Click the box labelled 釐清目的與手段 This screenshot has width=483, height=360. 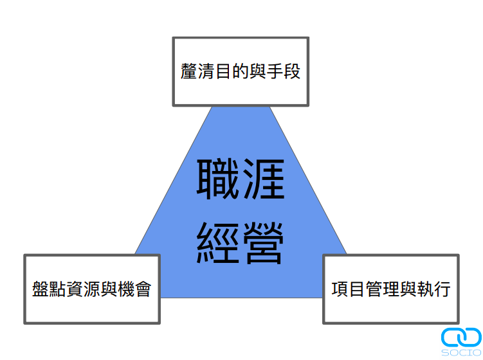(x=241, y=72)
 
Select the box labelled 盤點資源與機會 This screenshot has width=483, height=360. (x=92, y=289)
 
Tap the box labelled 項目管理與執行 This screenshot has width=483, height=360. (x=391, y=289)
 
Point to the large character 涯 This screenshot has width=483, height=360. (x=264, y=179)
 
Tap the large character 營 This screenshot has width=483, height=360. (x=264, y=243)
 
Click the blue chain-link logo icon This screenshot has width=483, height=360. (x=461, y=337)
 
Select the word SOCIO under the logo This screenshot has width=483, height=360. (x=461, y=353)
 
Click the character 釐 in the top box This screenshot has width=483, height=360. (x=188, y=71)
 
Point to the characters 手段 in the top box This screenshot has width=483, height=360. (x=283, y=71)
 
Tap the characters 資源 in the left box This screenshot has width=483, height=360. (x=83, y=289)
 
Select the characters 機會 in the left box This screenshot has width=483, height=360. (x=134, y=289)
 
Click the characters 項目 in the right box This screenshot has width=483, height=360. (x=348, y=289)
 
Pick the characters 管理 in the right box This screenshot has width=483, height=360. (x=382, y=289)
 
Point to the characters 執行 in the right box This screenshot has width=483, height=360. (x=433, y=289)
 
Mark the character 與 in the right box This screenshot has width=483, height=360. (x=408, y=289)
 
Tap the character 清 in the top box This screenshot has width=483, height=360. (x=206, y=71)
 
